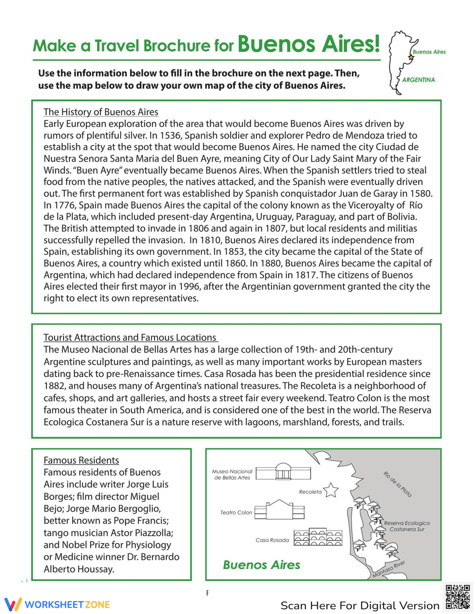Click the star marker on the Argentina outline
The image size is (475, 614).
(x=411, y=57)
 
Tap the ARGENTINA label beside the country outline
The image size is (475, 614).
(x=418, y=80)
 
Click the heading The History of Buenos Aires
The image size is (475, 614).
(x=101, y=112)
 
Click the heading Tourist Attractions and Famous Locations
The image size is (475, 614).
(x=130, y=337)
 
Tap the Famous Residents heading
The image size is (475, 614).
(x=81, y=460)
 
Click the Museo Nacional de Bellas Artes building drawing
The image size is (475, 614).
(x=283, y=472)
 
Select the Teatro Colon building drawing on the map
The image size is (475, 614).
(x=279, y=510)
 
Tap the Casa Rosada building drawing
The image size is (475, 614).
(x=318, y=537)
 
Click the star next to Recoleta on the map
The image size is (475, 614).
(x=331, y=490)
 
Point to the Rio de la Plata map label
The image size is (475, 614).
(x=397, y=484)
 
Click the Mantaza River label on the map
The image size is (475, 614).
(x=388, y=569)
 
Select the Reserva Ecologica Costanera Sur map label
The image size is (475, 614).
(x=407, y=526)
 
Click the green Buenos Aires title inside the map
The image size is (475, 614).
(x=261, y=565)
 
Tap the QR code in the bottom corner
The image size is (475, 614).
(x=458, y=597)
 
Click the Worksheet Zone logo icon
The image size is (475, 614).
(x=13, y=605)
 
